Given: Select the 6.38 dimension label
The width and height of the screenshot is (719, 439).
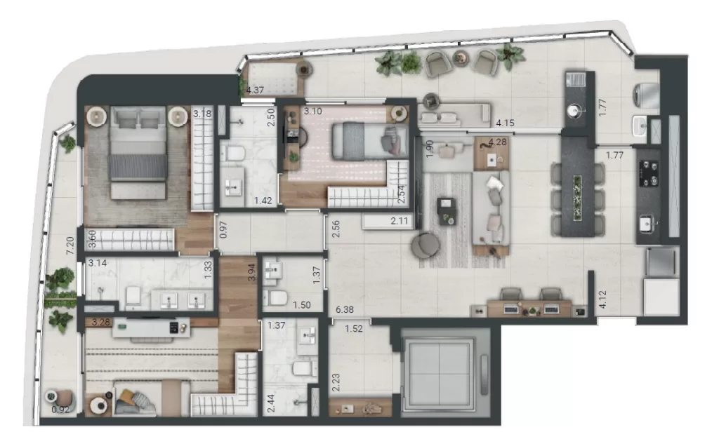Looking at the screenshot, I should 345,309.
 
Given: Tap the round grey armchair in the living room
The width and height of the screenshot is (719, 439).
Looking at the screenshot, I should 425,245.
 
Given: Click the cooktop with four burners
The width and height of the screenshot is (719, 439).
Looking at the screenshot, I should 649,173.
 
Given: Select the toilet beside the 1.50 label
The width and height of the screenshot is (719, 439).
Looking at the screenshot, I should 278,298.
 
